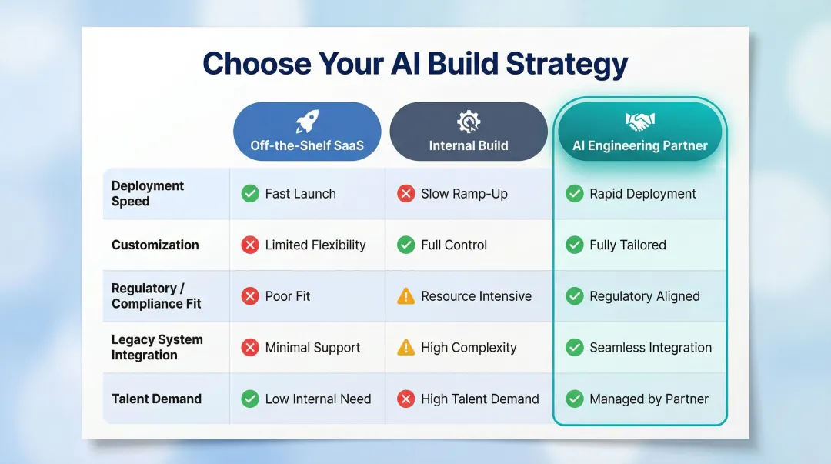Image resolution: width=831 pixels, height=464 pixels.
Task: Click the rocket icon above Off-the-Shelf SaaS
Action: (x=307, y=122)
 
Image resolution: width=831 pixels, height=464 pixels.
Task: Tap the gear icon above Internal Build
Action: (x=468, y=122)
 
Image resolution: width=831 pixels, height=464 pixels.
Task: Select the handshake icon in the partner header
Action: (x=639, y=122)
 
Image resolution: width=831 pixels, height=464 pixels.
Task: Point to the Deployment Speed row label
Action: (x=148, y=193)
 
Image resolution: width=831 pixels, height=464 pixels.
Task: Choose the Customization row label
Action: (x=155, y=245)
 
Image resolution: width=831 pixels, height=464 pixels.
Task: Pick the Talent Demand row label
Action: (x=156, y=399)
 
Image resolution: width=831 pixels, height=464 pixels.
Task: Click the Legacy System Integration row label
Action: (x=157, y=347)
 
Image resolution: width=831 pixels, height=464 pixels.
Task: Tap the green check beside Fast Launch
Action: (x=250, y=194)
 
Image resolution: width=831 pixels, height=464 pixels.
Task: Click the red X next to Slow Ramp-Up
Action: (x=405, y=194)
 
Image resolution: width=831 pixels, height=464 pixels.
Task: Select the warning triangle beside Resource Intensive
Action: (x=405, y=296)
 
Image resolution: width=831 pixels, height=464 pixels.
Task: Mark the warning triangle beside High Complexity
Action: (x=405, y=348)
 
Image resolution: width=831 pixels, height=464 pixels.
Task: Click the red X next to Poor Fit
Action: (x=250, y=296)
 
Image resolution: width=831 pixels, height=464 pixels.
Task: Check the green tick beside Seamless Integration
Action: (x=575, y=348)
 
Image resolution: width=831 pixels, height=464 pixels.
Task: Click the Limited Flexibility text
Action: (x=315, y=245)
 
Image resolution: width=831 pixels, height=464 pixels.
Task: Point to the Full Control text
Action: (x=454, y=245)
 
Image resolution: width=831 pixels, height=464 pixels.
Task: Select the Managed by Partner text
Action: (x=649, y=399)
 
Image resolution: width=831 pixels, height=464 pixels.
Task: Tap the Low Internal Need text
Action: (x=318, y=399)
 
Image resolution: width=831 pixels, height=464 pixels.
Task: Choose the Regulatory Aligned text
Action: (x=645, y=296)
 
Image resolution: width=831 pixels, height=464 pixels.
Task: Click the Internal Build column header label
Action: (x=469, y=145)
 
